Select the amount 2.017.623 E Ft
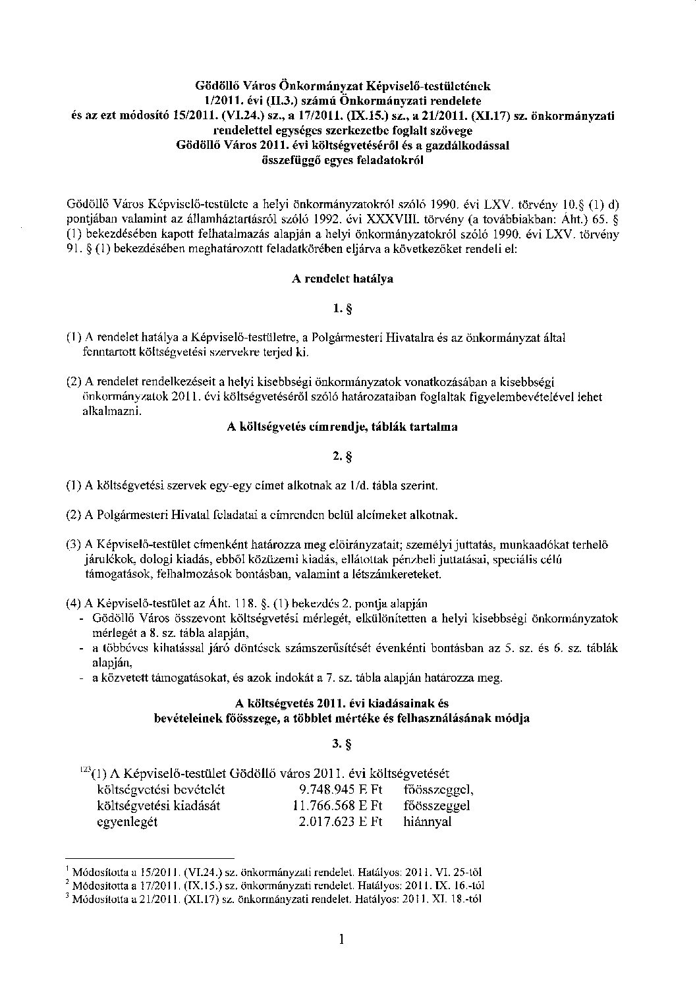pos(341,821)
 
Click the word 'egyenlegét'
pos(127,821)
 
